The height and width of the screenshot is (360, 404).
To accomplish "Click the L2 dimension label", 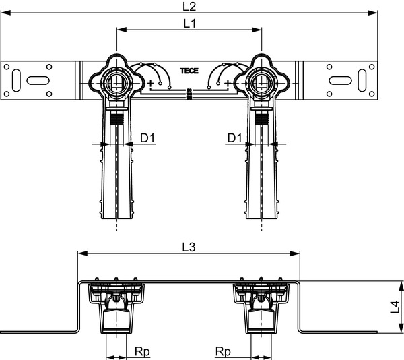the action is pos(189,6).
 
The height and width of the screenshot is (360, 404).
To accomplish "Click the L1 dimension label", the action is pos(190,24).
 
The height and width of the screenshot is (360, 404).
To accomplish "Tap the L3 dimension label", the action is pos(189,247).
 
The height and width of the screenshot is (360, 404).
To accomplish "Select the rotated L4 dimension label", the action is pos(395,307).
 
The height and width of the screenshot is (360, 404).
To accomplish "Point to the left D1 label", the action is pos(147,138).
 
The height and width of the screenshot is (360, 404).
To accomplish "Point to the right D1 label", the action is pos(234,138).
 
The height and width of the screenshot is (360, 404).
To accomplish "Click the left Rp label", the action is pos(142,351).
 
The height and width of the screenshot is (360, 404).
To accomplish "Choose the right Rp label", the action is pos(223,351).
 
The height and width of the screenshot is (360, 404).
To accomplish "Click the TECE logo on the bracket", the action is pos(189,71).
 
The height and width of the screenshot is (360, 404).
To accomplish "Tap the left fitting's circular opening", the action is pos(116,83).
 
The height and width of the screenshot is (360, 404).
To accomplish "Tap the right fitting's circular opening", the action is pos(261,83).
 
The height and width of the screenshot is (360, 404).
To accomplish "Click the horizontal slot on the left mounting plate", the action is pos(38,80).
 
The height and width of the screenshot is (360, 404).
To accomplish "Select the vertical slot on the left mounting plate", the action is pos(16,80).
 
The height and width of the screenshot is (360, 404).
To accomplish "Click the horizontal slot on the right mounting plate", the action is pos(340,80).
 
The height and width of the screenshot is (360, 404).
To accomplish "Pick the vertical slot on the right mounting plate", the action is pos(362,80).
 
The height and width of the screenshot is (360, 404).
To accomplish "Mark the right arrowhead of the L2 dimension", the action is pos(372,13).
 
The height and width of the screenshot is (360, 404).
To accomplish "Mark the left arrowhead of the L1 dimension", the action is pos(122,30).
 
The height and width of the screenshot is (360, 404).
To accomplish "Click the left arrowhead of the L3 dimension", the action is pos(82,253).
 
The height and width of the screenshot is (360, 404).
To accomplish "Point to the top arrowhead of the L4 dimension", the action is pos(401,287).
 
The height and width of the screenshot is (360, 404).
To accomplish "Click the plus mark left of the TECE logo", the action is pos(150,83).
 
